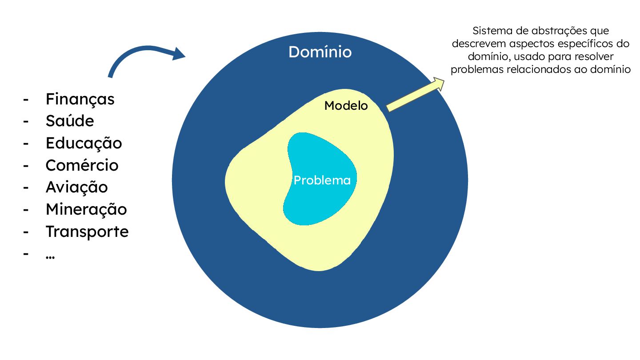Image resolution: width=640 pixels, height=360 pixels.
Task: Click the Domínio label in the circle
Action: pyautogui.click(x=320, y=52)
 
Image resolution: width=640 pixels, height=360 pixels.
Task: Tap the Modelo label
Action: pyautogui.click(x=346, y=106)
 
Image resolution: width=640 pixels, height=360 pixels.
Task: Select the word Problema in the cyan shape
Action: pyautogui.click(x=322, y=180)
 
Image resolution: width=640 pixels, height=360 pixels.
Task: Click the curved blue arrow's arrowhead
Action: pyautogui.click(x=179, y=54)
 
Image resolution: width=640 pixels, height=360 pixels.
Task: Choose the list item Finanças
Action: pyautogui.click(x=80, y=99)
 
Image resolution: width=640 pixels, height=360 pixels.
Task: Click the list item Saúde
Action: pyautogui.click(x=70, y=121)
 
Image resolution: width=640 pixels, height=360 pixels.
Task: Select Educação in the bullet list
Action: pyautogui.click(x=84, y=143)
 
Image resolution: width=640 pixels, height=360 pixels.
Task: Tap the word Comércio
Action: pyautogui.click(x=82, y=165)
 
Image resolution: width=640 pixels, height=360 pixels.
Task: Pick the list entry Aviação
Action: pyautogui.click(x=76, y=187)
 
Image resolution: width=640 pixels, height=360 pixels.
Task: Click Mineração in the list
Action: pyautogui.click(x=86, y=209)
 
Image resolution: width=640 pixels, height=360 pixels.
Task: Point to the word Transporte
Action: pyautogui.click(x=87, y=232)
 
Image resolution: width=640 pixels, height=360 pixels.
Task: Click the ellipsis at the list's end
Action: pyautogui.click(x=50, y=256)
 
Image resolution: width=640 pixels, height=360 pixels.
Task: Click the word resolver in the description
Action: pyautogui.click(x=597, y=57)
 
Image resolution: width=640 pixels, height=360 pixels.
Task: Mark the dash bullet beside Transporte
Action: pyautogui.click(x=26, y=232)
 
